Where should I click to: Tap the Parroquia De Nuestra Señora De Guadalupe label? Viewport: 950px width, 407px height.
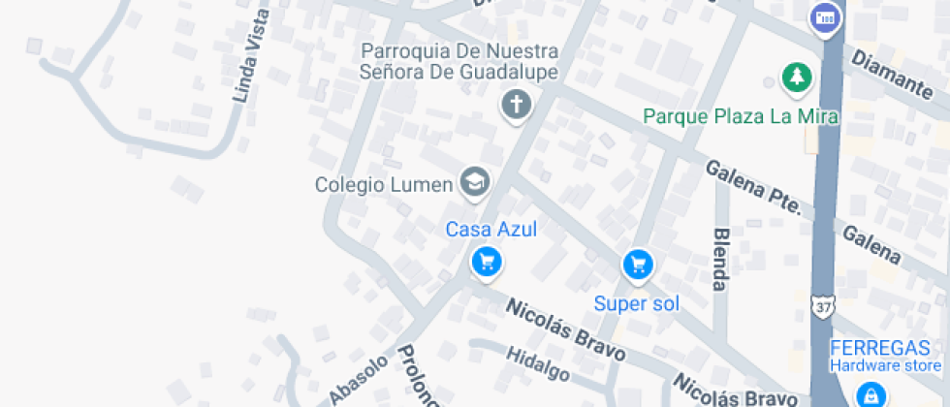pyautogui.click(x=459, y=60)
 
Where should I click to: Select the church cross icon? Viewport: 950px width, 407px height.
pyautogui.click(x=517, y=104)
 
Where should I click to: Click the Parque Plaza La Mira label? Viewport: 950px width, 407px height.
pyautogui.click(x=742, y=116)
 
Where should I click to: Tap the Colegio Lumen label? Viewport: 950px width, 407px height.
pyautogui.click(x=384, y=184)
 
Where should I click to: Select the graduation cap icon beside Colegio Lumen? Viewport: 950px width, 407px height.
pyautogui.click(x=474, y=181)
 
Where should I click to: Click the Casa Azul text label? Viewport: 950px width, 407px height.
pyautogui.click(x=491, y=230)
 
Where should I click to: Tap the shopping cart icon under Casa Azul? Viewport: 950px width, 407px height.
pyautogui.click(x=486, y=261)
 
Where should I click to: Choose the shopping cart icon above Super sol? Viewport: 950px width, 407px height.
pyautogui.click(x=637, y=264)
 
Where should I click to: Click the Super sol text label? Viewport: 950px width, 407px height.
pyautogui.click(x=636, y=303)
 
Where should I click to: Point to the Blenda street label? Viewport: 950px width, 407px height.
pyautogui.click(x=720, y=259)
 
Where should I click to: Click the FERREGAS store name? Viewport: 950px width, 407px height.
pyautogui.click(x=884, y=348)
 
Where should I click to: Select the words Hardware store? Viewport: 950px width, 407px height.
pyautogui.click(x=884, y=365)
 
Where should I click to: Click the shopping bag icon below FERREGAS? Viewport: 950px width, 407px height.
pyautogui.click(x=871, y=393)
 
